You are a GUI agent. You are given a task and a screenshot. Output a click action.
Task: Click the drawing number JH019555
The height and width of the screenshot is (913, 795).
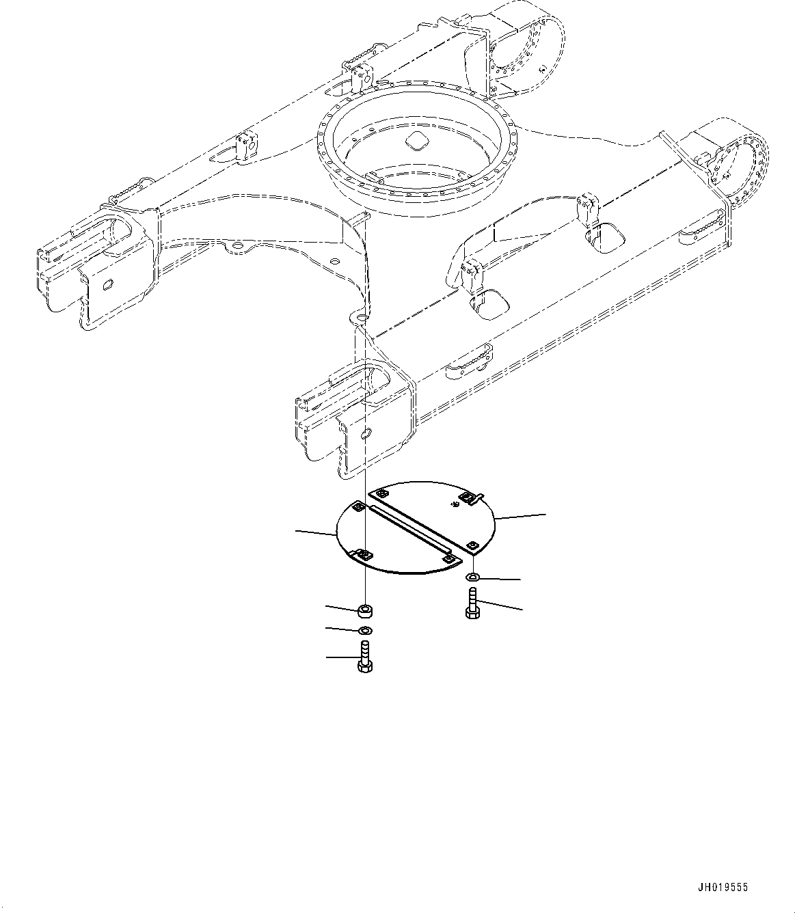(722, 887)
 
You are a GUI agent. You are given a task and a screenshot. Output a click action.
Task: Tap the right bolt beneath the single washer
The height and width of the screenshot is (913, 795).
(472, 604)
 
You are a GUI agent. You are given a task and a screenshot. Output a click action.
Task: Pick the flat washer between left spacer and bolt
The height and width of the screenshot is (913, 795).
(365, 629)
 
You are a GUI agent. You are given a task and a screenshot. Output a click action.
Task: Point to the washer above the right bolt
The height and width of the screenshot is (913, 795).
(473, 579)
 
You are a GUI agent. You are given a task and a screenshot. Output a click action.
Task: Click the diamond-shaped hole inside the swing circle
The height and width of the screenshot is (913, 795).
(415, 141)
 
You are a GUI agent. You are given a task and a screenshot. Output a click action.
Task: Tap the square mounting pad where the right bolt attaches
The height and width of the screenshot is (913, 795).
(473, 545)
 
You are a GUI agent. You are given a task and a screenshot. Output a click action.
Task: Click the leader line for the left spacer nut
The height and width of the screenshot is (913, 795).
(341, 607)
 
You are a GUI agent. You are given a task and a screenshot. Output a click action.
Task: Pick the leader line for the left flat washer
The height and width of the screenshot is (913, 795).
(341, 628)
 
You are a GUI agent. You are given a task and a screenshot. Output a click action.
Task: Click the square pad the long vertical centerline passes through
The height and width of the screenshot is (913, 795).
(365, 555)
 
